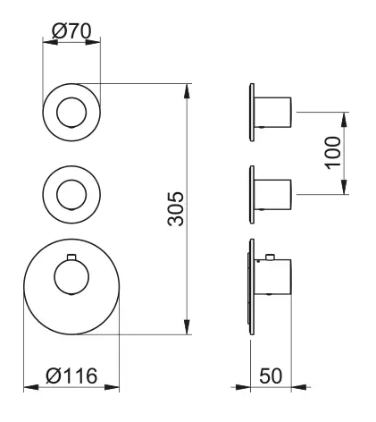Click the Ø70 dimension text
click(x=72, y=30)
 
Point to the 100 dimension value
click(x=332, y=153)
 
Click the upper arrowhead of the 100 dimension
click(x=345, y=116)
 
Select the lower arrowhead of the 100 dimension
click(x=345, y=190)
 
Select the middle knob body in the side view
click(x=274, y=193)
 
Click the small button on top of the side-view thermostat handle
click(x=268, y=259)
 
